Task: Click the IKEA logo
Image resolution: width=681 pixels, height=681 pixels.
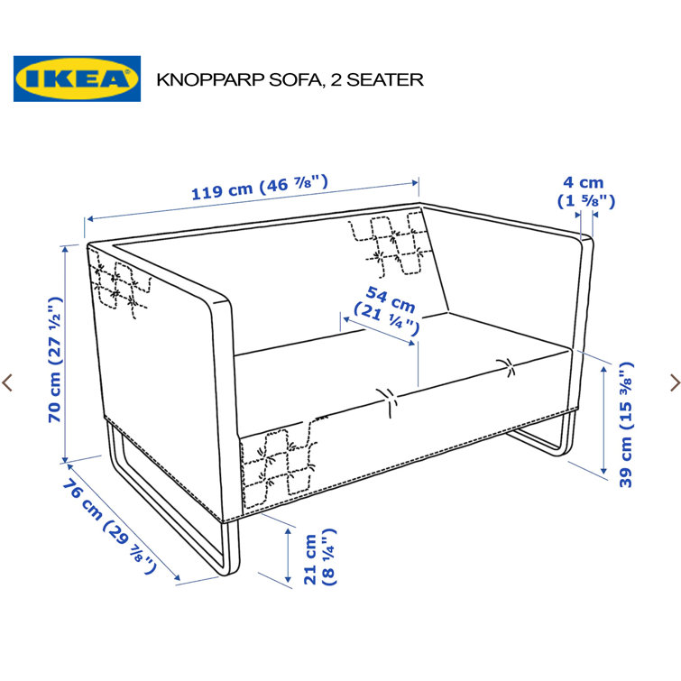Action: pos(77,78)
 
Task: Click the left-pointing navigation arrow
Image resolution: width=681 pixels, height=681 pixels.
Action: pos(8,382)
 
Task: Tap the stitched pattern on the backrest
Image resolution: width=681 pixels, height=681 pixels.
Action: pos(390,244)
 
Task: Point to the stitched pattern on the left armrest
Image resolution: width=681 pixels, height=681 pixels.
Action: pos(117,287)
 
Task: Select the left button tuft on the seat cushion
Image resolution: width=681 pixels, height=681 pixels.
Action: pos(388,398)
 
